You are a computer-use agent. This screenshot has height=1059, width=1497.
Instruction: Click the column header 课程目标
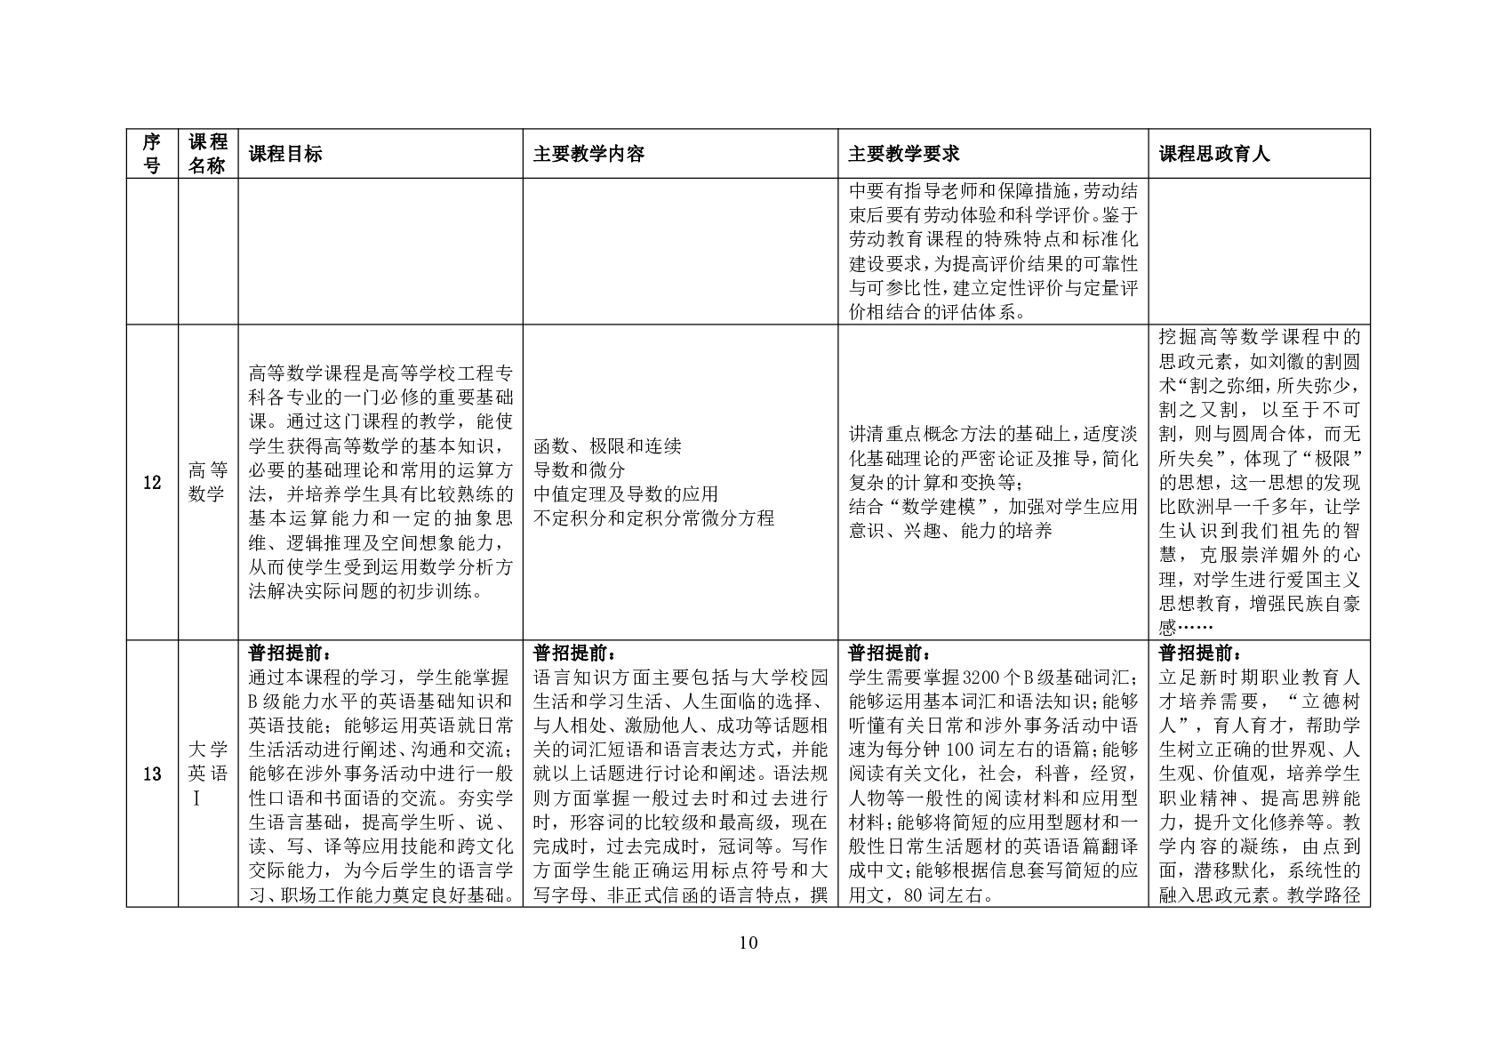tap(284, 154)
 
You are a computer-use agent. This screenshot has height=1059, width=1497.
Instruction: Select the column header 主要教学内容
tap(588, 154)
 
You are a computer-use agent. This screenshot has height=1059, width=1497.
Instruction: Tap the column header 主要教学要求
tap(903, 154)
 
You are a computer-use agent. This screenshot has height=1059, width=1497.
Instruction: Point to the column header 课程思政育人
tap(1214, 154)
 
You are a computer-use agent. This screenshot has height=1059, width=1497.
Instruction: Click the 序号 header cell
tap(152, 154)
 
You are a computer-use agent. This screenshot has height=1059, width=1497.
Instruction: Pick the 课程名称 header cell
tap(208, 154)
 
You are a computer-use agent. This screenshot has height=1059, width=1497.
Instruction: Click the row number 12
tap(152, 483)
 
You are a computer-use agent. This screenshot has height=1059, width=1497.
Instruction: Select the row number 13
tap(152, 774)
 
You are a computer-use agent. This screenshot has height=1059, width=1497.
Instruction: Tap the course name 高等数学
tap(208, 483)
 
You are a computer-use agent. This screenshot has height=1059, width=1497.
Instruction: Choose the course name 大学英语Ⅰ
tap(208, 774)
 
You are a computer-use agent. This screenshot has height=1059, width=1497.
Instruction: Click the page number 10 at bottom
tap(748, 943)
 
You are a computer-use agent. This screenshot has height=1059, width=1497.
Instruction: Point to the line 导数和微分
tap(579, 469)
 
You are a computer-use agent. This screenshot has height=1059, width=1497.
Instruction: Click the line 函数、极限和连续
tap(607, 446)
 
